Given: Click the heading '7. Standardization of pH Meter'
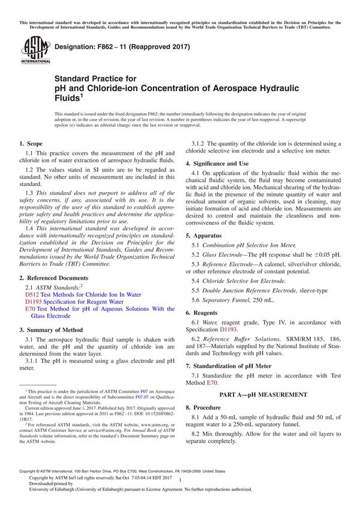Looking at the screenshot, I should tap(232, 365).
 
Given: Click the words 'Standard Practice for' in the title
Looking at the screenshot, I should tap(95, 78).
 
